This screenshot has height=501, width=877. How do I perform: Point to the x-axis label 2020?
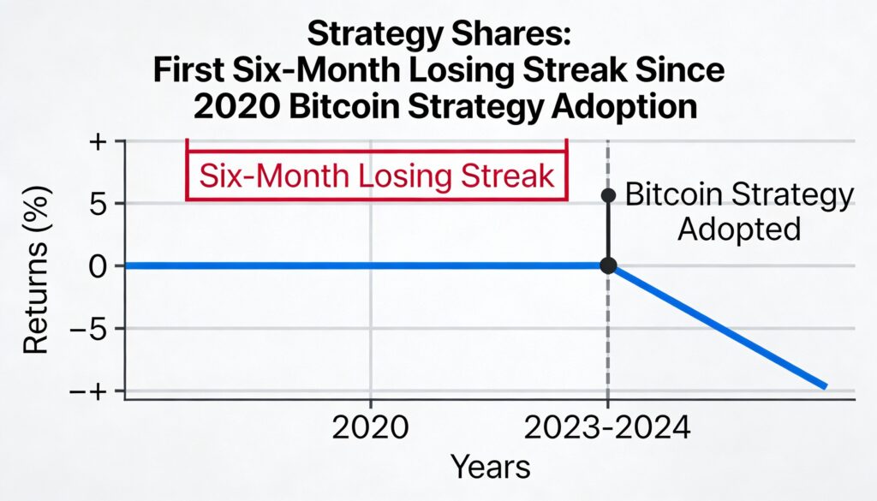[370, 426]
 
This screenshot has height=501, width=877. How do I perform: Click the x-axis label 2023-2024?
[606, 426]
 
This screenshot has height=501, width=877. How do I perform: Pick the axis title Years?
[490, 468]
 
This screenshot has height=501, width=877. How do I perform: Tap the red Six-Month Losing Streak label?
[377, 177]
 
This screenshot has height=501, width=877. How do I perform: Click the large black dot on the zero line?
[608, 266]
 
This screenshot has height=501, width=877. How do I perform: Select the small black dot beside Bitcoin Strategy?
[608, 195]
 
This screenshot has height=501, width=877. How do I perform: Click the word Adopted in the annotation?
[738, 230]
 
